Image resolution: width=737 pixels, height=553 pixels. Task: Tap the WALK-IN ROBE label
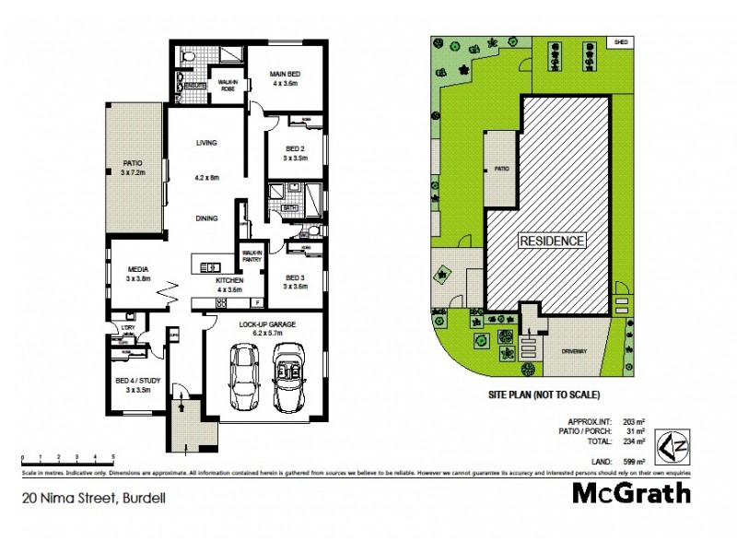tap(226, 84)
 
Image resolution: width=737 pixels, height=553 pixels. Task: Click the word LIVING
tap(205, 143)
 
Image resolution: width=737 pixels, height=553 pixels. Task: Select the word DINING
tap(205, 218)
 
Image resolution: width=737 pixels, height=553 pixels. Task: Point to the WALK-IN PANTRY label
tap(252, 255)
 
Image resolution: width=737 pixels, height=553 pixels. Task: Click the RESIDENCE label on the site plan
tap(553, 241)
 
